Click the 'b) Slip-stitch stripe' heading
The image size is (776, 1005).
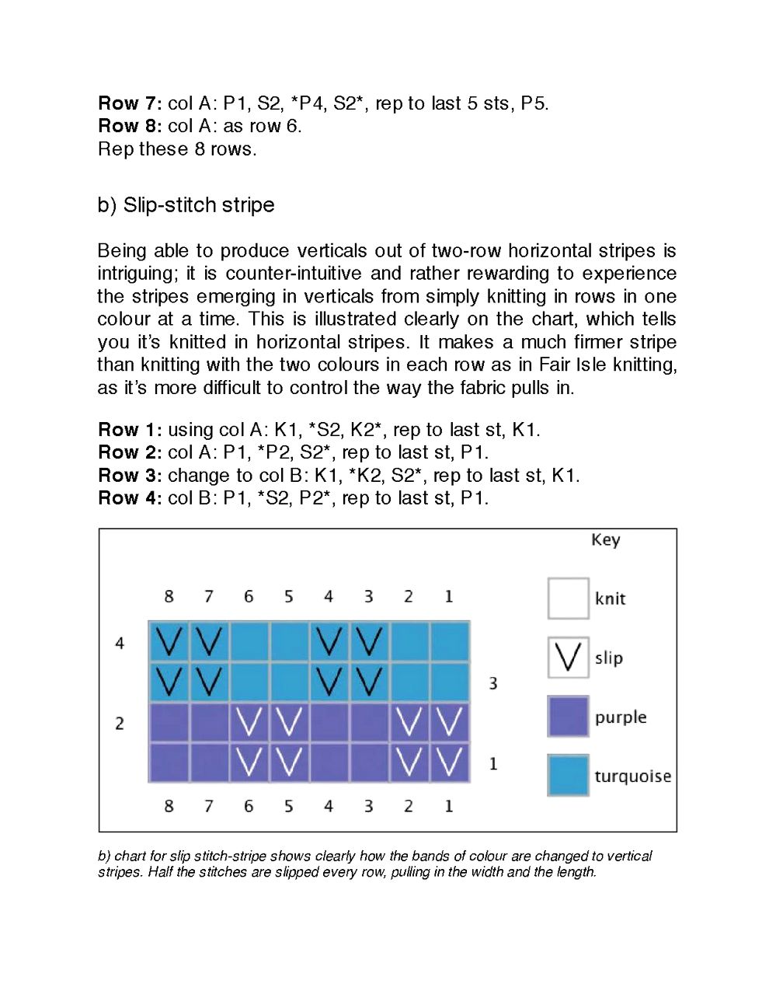click(186, 205)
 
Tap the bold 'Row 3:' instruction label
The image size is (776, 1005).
click(130, 476)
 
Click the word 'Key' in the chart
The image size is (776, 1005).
click(605, 540)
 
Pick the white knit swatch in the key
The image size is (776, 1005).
click(568, 598)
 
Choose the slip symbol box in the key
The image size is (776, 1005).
click(568, 658)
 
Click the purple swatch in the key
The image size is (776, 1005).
click(568, 717)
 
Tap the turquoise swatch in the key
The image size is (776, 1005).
click(568, 776)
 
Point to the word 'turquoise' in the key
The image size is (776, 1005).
click(632, 776)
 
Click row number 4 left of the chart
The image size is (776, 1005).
click(120, 644)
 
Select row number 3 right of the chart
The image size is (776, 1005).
click(493, 684)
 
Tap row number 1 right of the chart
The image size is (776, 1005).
click(493, 764)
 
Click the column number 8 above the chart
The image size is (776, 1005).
click(169, 597)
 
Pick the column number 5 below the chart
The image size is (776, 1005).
click(288, 807)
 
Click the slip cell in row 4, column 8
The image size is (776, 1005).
click(169, 642)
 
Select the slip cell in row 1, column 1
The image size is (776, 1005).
click(449, 762)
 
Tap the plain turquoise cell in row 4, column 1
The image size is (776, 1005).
click(449, 642)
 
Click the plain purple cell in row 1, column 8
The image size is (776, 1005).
click(169, 762)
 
